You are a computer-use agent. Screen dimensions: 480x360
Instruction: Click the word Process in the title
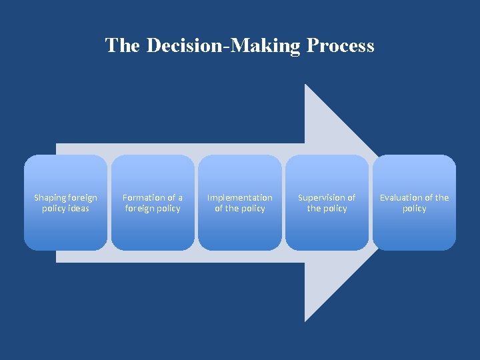click(340, 46)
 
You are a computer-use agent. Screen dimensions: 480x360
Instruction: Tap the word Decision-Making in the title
click(224, 46)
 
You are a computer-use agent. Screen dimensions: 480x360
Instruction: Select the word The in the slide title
click(122, 46)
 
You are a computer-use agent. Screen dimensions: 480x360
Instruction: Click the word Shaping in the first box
click(50, 198)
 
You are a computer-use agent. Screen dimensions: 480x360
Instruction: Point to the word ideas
click(78, 209)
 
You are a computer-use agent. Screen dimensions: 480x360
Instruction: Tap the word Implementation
click(240, 197)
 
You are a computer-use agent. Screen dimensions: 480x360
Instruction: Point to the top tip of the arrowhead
click(305, 85)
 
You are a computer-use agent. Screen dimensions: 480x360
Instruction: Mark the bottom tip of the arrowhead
click(305, 321)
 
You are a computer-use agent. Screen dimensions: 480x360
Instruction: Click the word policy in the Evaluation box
click(415, 209)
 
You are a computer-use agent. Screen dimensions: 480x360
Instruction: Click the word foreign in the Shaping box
click(83, 197)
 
